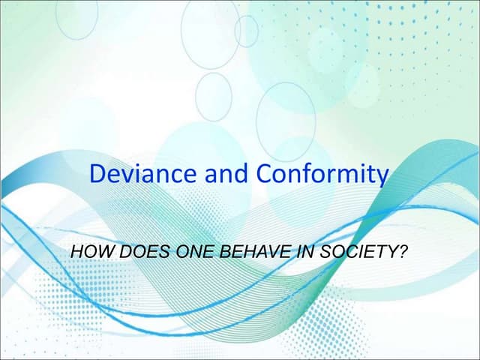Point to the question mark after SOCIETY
403,251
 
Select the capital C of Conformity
265,174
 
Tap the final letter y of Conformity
382,177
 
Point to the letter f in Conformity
314,173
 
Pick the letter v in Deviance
128,176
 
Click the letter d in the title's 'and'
242,174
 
